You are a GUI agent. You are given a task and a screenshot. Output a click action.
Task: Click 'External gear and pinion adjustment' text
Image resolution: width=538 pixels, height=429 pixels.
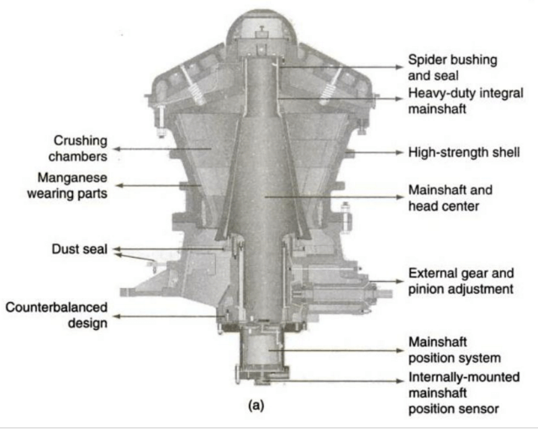click(x=460, y=281)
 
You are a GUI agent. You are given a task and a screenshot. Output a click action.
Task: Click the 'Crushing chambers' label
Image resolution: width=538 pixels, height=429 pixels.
click(x=80, y=149)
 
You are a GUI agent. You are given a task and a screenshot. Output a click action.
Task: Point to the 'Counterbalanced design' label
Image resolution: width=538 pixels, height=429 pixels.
click(x=57, y=315)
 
